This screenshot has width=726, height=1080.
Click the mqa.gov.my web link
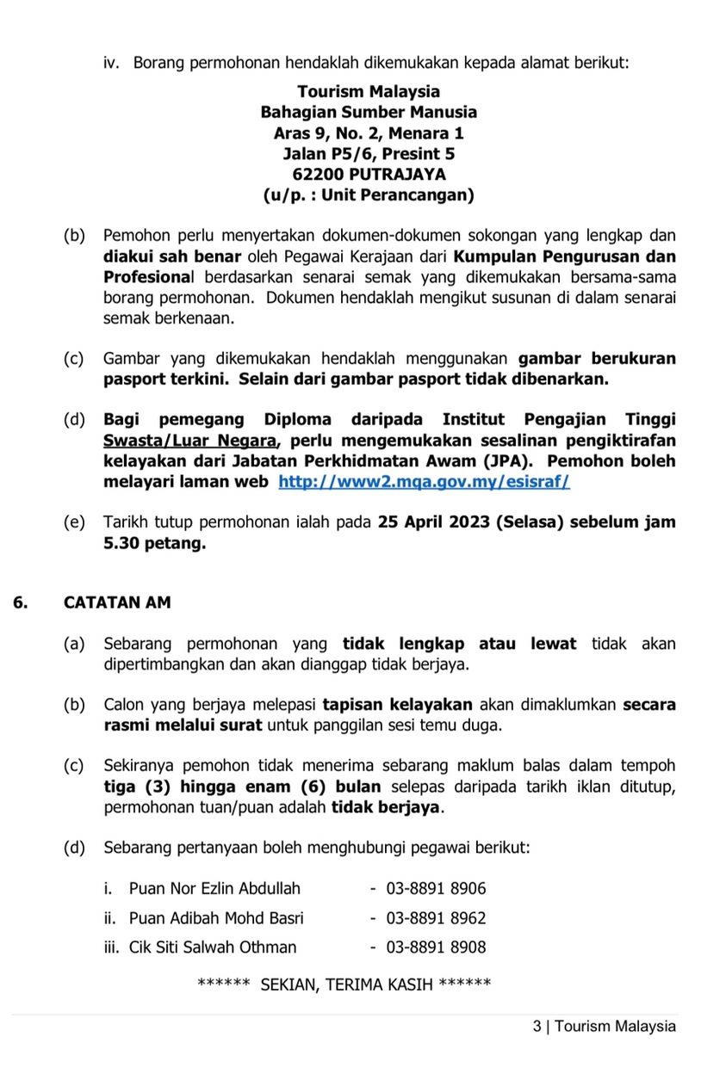[x=424, y=483]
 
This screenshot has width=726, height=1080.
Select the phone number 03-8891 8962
[x=436, y=918]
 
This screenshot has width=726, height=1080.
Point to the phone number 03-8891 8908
[x=436, y=947]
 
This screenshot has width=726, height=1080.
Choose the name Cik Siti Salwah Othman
[x=213, y=947]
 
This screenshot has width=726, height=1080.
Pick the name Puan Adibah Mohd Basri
[x=216, y=918]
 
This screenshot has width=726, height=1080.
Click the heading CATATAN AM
[x=117, y=602]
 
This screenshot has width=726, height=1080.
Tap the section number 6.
[x=20, y=602]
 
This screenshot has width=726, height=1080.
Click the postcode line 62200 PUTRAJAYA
[x=369, y=175]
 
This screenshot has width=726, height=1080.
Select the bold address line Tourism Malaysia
[x=369, y=92]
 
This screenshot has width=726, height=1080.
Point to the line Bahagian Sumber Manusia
[x=369, y=113]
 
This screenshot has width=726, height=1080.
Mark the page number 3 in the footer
[x=537, y=1026]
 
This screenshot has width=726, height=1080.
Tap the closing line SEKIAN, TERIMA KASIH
[x=345, y=985]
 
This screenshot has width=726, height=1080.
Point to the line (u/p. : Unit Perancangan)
[x=369, y=195]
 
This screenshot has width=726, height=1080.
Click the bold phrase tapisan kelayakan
[x=397, y=705]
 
